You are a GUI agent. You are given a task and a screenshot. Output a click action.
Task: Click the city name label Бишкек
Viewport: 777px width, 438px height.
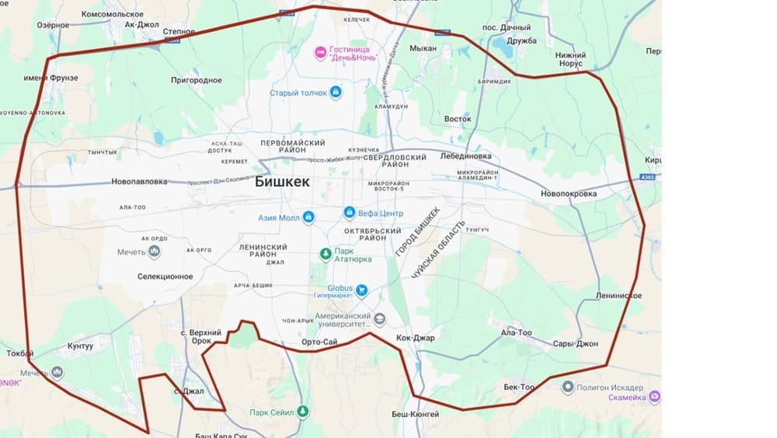pyautogui.click(x=282, y=181)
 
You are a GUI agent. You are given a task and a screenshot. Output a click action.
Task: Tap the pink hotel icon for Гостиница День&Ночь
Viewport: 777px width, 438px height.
pyautogui.click(x=319, y=53)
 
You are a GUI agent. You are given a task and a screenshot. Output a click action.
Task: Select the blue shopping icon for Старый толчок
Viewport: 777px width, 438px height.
pyautogui.click(x=336, y=93)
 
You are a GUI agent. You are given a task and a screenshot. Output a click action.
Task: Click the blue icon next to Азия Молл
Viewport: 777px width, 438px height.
pyautogui.click(x=308, y=217)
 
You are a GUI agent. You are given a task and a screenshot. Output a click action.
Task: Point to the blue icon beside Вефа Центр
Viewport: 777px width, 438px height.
pyautogui.click(x=350, y=212)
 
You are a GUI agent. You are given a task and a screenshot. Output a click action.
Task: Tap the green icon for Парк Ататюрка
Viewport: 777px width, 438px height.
pyautogui.click(x=326, y=254)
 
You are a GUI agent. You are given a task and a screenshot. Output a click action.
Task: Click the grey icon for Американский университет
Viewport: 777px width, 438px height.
pyautogui.click(x=379, y=319)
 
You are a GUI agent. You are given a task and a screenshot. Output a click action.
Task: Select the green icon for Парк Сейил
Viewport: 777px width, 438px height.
pyautogui.click(x=303, y=411)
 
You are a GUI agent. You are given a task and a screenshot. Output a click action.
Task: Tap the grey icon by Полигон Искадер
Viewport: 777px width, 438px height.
pyautogui.click(x=569, y=387)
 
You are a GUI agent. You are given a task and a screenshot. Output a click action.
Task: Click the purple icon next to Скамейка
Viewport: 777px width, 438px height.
pyautogui.click(x=655, y=397)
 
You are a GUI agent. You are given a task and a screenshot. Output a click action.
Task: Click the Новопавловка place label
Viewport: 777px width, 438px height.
pyautogui.click(x=139, y=182)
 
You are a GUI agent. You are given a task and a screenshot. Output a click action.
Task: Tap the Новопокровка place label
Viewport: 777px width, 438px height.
pyautogui.click(x=568, y=193)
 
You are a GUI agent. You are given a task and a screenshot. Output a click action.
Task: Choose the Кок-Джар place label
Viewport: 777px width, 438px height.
pyautogui.click(x=415, y=338)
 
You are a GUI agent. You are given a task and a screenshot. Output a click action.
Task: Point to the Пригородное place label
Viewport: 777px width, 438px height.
pyautogui.click(x=197, y=80)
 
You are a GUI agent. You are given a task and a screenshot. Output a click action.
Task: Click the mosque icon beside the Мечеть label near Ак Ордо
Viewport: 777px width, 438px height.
pyautogui.click(x=154, y=251)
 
